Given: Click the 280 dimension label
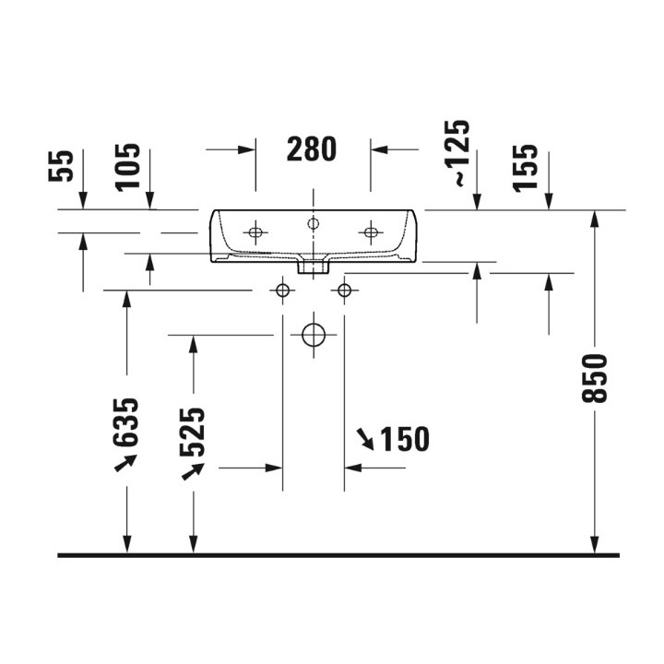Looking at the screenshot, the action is click(312, 149).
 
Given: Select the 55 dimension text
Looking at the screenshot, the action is click(61, 166).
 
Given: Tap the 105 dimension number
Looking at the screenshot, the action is click(127, 168).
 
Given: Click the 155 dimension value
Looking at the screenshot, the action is click(525, 168).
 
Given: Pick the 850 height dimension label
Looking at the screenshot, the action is click(595, 378).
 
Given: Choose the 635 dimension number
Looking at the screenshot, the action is click(125, 422).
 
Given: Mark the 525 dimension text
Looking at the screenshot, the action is click(192, 432).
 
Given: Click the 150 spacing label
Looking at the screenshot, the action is click(405, 439).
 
